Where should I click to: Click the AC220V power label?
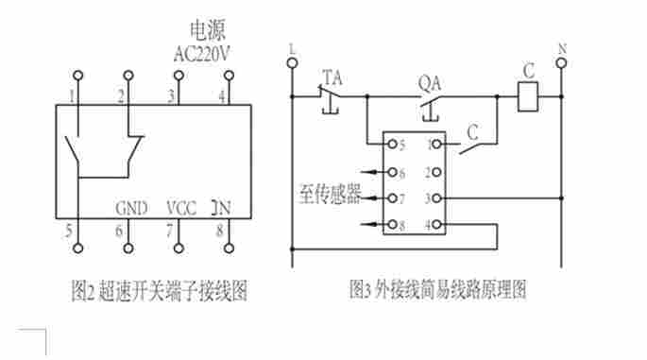pos(202,54)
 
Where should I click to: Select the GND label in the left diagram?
pos(131,208)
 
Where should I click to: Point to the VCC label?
pos(181,208)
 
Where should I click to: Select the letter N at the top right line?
pos(562,48)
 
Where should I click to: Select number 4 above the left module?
pos(222,95)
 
